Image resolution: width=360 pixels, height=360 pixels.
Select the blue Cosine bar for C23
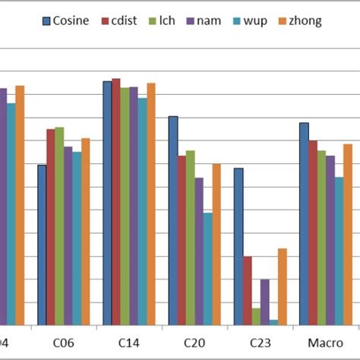238,247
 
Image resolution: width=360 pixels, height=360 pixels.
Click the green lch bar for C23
256,317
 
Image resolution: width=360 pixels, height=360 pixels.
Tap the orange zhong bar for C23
282,287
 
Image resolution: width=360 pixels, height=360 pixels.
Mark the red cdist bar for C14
115,202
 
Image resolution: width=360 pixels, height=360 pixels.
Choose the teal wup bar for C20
207,269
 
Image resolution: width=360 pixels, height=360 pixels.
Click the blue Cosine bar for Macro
304,224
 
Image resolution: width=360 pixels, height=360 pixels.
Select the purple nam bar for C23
264,302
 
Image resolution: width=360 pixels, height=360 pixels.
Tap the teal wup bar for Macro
339,251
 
